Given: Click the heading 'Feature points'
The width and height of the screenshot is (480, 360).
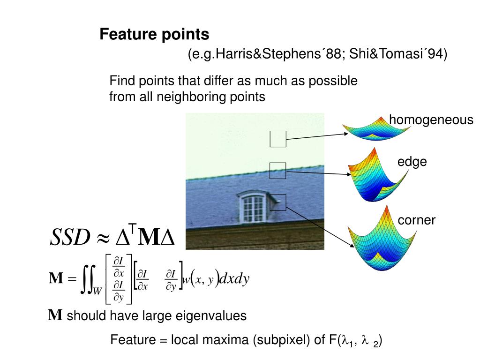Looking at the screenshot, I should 154,35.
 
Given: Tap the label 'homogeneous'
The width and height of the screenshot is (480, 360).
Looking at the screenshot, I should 431,120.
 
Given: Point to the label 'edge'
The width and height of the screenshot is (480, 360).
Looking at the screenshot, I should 412,162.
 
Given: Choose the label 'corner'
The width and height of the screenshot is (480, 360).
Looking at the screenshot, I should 417,220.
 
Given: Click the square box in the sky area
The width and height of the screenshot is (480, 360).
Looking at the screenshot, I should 278,139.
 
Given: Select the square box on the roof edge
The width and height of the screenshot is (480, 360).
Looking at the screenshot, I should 278,171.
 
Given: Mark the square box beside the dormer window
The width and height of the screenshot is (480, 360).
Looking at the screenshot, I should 278,202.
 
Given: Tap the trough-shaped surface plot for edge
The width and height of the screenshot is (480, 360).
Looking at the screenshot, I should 375,176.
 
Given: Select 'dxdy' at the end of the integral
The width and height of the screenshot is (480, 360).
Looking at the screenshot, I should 234,279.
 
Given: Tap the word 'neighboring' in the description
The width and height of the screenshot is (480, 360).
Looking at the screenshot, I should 187,97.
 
